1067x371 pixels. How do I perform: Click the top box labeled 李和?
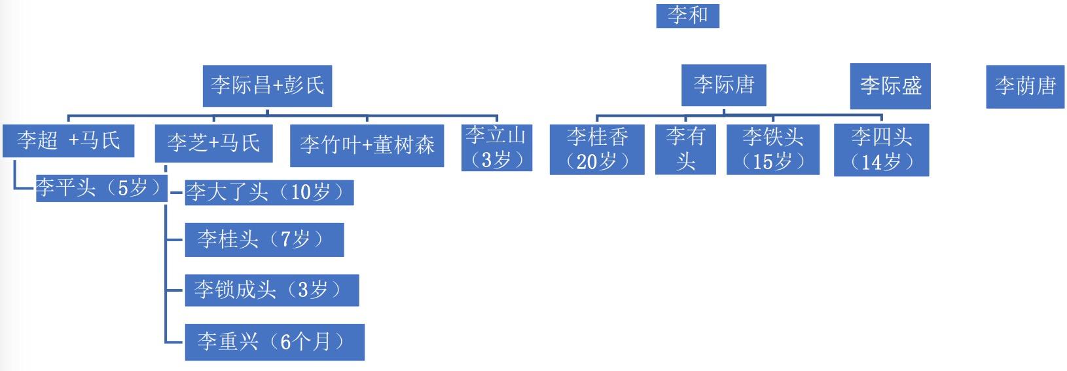pos(687,16)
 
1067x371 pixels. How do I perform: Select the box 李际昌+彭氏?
pos(267,86)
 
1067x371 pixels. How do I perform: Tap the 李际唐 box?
pos(723,85)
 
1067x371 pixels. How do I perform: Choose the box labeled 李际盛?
pos(890,86)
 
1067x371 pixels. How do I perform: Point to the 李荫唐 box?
pos(1025,87)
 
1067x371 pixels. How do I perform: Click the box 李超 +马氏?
pos(68,141)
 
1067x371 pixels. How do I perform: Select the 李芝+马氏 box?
pos(214,143)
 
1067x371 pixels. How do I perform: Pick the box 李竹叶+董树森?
pos(367,146)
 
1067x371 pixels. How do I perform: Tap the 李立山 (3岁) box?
pos(496,147)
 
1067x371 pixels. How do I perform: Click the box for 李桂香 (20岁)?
pos(597,149)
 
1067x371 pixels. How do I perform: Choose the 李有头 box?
pos(685,149)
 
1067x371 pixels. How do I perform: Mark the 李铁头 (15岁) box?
pos(772,149)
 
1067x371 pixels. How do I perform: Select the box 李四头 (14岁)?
pos(881,149)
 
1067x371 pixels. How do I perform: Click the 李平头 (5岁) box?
pos(101,188)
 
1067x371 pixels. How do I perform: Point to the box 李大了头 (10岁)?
pos(269,193)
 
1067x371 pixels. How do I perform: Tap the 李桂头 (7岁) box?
pos(264,239)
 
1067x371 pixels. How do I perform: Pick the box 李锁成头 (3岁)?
pos(272,290)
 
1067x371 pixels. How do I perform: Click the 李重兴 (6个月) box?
pos(274,342)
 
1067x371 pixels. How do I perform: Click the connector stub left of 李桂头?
pos(174,239)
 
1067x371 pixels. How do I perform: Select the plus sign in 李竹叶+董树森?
pos(367,146)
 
